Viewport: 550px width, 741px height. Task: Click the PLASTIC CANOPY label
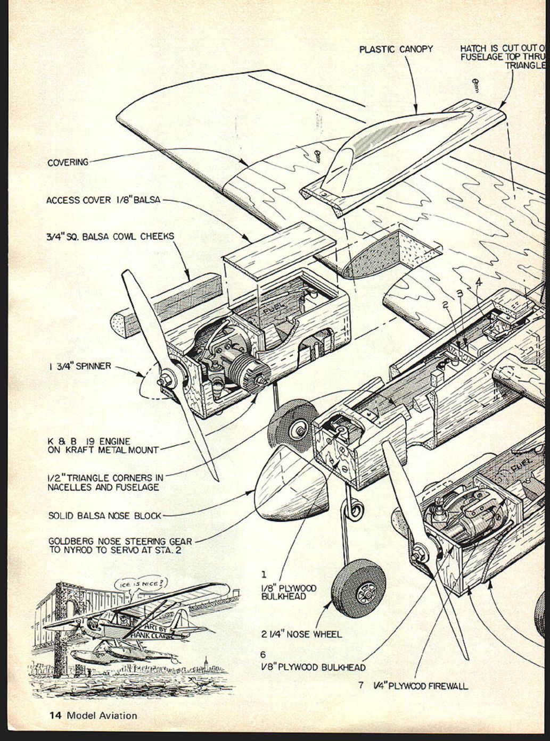click(396, 49)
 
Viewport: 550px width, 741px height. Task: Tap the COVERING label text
click(68, 162)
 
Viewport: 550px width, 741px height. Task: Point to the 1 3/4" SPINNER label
click(79, 366)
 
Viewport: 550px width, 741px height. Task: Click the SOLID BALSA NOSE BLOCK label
click(104, 515)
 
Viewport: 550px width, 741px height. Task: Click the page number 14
click(56, 715)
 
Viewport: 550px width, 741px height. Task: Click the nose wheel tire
click(359, 590)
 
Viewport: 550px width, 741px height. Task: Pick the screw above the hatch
click(474, 83)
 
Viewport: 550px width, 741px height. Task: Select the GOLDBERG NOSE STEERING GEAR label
click(120, 545)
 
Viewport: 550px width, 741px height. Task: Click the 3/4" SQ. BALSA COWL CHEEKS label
click(110, 236)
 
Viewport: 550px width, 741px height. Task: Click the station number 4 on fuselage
click(478, 282)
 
